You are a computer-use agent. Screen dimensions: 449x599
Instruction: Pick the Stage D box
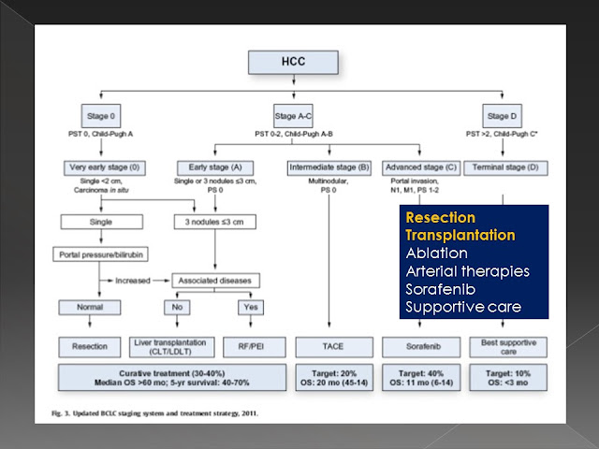(498, 115)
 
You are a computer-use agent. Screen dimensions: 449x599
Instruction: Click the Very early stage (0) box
(101, 167)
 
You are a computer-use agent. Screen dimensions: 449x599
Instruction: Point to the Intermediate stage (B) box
(331, 167)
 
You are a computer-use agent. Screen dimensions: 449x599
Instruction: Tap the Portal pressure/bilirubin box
(101, 254)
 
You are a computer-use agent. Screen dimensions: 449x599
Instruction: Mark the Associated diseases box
(215, 280)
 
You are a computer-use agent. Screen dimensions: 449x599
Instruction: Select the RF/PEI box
(254, 345)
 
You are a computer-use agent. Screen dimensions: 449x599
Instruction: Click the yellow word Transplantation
(460, 235)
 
